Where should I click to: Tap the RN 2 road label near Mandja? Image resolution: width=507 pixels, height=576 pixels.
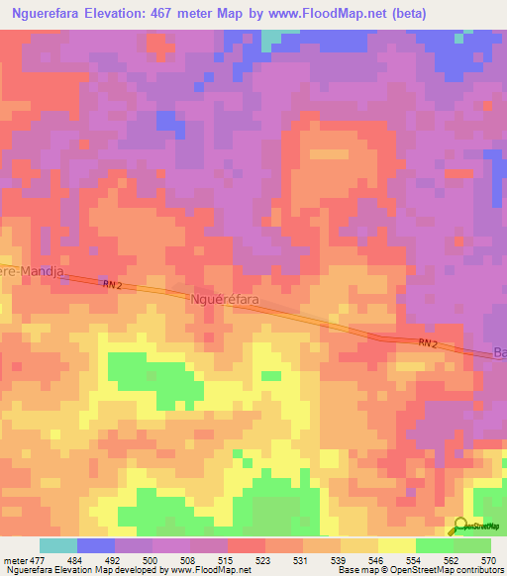click(x=112, y=284)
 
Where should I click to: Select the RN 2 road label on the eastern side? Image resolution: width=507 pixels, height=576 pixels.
click(x=427, y=343)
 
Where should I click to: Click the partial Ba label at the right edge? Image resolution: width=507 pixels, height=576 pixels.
click(x=499, y=353)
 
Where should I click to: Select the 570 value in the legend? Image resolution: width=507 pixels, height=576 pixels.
click(x=488, y=560)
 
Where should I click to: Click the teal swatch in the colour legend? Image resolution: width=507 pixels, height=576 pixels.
click(x=58, y=545)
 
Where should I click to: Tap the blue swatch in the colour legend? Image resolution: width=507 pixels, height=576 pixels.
click(x=96, y=545)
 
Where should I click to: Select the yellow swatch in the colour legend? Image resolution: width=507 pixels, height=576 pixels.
click(x=396, y=545)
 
